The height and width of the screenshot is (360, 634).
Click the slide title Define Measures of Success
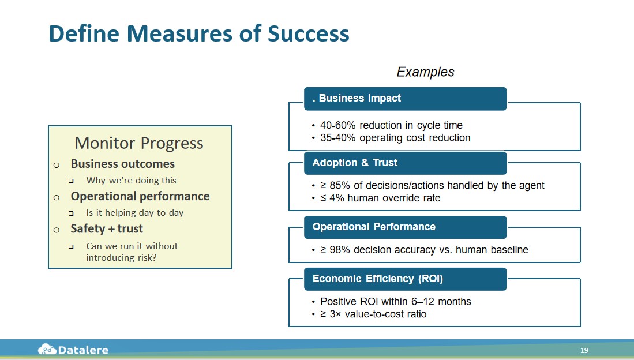pos(199,33)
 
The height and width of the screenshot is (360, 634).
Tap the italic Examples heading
pos(425,72)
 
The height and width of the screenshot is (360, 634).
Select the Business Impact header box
pos(405,98)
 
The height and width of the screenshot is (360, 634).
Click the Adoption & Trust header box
pos(405,163)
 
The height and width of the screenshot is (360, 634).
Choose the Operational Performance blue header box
pos(405,227)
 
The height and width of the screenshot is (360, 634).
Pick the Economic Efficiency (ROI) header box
pos(405,279)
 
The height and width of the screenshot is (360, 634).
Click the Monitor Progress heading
pos(139,144)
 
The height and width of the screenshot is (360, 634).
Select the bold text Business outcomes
pos(123,164)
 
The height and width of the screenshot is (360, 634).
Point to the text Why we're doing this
pos(131,181)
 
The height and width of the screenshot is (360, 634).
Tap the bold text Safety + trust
pos(107,228)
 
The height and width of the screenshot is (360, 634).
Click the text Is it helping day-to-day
pos(134,213)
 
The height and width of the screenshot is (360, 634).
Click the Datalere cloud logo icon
pos(47,349)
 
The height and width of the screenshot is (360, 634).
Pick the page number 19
pos(584,350)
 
